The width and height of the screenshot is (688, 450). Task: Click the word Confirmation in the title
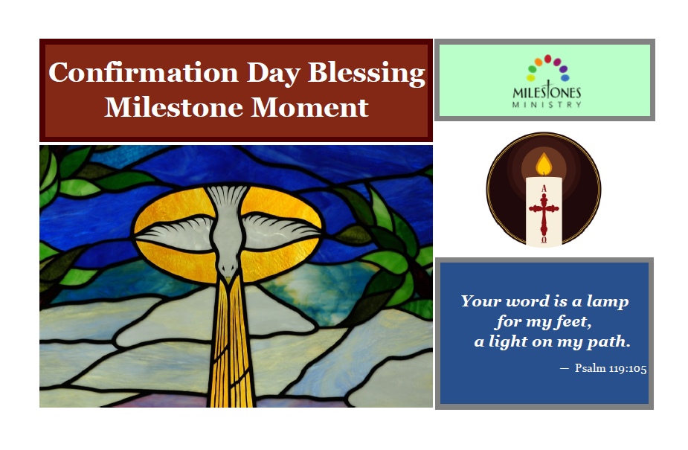(x=144, y=72)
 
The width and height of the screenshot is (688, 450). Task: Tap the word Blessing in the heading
(x=367, y=74)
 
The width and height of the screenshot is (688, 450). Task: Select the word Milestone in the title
(x=173, y=107)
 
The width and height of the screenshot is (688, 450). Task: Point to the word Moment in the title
(x=309, y=107)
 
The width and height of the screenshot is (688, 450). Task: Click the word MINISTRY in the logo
(x=547, y=104)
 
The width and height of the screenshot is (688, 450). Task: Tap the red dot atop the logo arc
(x=547, y=59)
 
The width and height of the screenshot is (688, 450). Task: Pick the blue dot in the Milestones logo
(x=565, y=77)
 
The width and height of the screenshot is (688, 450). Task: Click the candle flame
(x=544, y=164)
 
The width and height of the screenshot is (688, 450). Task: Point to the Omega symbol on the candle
(x=544, y=240)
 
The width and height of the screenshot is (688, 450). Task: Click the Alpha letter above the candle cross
(x=544, y=189)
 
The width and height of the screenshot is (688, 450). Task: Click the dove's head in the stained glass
(x=228, y=267)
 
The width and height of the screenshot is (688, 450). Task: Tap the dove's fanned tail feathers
(x=228, y=196)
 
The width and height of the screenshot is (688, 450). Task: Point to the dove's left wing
(x=176, y=231)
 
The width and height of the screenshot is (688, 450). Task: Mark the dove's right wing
(x=281, y=230)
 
